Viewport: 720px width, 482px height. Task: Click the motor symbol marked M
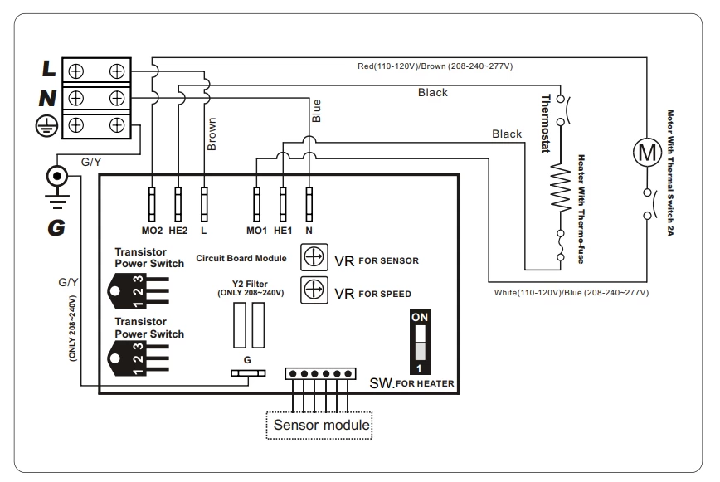point(645,151)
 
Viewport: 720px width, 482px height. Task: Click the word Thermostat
point(546,122)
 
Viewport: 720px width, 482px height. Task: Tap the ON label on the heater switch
point(421,318)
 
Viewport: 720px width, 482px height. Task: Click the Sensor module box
point(319,426)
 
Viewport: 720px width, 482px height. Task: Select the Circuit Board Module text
point(241,258)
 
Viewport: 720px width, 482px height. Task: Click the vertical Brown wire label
point(211,134)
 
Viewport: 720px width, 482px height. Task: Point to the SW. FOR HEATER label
point(412,382)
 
